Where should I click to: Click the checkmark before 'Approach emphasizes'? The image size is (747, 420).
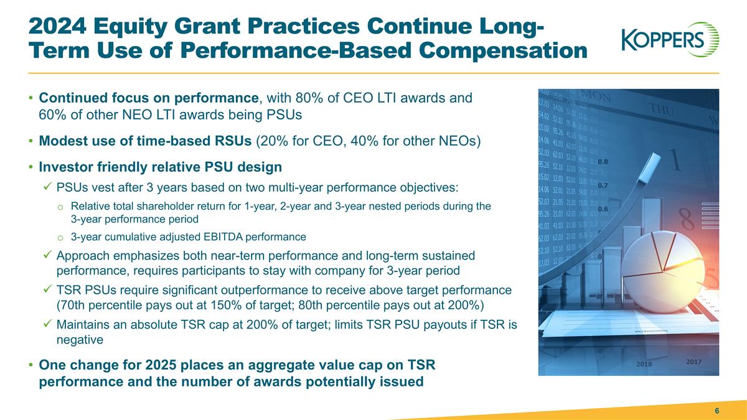(x=47, y=256)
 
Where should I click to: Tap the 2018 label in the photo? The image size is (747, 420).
(x=644, y=364)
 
